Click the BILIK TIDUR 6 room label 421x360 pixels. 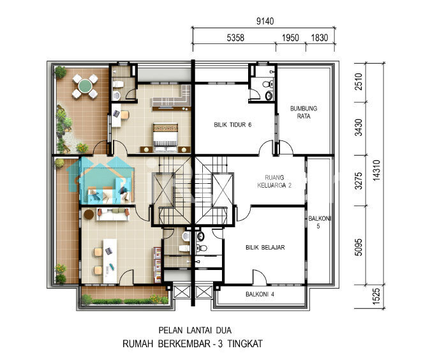233,124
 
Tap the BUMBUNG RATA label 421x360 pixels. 304,112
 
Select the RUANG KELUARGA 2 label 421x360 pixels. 274,181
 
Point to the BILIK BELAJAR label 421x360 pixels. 265,248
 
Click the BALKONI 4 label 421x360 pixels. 260,294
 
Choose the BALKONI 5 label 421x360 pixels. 319,222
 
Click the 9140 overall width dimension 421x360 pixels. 265,21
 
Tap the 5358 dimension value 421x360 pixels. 235,38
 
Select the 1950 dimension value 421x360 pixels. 290,38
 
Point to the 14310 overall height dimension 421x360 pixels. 376,170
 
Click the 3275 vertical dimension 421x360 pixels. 358,181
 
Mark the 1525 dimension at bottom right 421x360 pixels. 376,296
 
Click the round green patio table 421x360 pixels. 85,86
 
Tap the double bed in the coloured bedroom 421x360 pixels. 165,137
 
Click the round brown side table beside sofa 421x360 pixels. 89,214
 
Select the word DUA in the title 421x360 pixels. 224,330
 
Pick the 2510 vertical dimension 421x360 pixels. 358,82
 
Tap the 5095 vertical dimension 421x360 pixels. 358,247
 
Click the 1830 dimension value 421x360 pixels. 320,38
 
